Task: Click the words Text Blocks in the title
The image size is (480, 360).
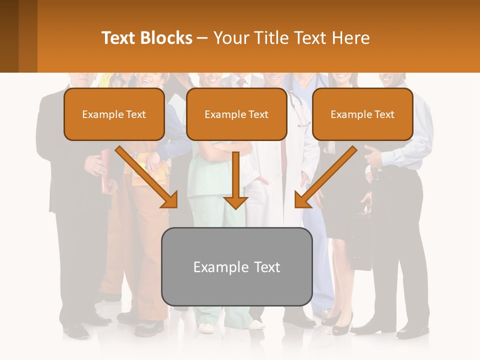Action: (x=146, y=38)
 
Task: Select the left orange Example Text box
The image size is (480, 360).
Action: (x=114, y=114)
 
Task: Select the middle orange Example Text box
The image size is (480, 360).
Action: (x=236, y=114)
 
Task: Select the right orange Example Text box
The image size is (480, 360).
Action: (x=362, y=114)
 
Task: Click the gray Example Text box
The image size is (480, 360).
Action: (x=236, y=266)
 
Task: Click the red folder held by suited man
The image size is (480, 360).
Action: (x=105, y=175)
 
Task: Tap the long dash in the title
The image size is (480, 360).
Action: (x=203, y=38)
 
